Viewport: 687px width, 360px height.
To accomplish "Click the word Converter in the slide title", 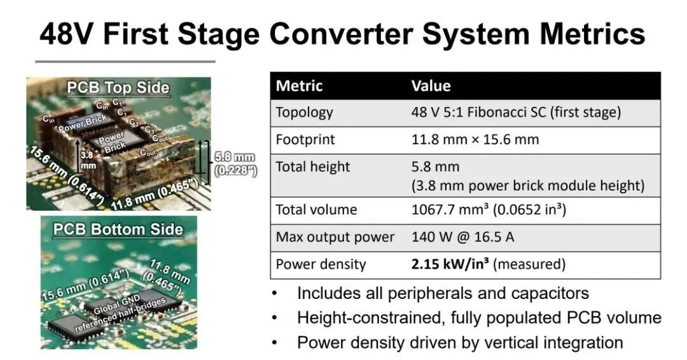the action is pos(340,34).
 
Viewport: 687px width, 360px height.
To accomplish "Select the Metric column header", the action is pos(299,85).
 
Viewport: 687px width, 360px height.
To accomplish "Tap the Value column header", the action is pos(431,85).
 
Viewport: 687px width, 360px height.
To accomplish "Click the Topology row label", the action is pos(304,113).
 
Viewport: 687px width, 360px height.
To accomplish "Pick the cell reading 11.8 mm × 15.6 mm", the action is pos(475,140).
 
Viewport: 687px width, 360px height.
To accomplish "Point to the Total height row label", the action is pos(313,167).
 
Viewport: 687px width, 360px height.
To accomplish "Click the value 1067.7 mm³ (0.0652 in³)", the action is pos(489,210).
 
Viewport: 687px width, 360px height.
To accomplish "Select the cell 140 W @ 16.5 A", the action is pos(462,237).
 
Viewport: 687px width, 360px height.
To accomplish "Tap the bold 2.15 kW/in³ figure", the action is pos(450,264).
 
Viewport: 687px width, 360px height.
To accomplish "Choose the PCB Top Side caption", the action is pos(118,88).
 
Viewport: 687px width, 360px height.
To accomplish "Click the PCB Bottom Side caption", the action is pos(118,230).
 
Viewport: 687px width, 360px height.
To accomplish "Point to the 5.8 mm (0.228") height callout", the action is pos(235,164).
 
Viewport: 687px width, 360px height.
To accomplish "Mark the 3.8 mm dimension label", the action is pos(87,160).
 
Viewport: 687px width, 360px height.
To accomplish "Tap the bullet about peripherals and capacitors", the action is pos(443,293).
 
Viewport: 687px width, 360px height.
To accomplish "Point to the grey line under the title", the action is pos(125,62).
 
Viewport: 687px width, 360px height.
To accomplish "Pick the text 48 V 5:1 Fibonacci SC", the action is pos(478,113).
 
